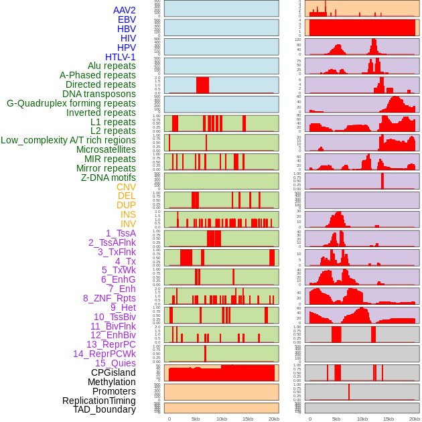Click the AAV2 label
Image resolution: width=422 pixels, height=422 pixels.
(x=125, y=11)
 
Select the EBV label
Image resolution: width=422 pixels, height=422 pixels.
(x=127, y=20)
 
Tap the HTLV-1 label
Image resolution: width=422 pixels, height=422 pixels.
(x=121, y=57)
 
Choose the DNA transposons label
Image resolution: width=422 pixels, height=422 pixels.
(x=99, y=94)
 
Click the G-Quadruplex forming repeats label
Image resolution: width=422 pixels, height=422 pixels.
(x=71, y=104)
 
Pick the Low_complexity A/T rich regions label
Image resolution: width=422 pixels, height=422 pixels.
(x=68, y=140)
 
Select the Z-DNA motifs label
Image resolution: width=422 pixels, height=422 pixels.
(x=109, y=178)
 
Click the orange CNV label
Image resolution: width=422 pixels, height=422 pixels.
(x=126, y=187)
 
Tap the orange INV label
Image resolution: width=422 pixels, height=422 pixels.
(x=128, y=224)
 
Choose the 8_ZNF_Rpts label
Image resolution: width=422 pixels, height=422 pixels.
(x=109, y=298)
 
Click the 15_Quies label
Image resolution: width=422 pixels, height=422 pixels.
(x=115, y=363)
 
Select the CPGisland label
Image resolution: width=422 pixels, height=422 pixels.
(x=113, y=372)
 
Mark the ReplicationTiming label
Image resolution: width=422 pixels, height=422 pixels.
(x=99, y=401)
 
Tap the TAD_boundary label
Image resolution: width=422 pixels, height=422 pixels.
(x=104, y=409)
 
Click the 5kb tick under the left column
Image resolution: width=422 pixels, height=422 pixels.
(x=196, y=419)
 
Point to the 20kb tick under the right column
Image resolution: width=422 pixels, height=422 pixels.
(x=414, y=419)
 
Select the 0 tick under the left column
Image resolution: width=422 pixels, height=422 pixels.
(x=169, y=419)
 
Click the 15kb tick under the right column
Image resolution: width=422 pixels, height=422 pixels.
(x=388, y=419)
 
